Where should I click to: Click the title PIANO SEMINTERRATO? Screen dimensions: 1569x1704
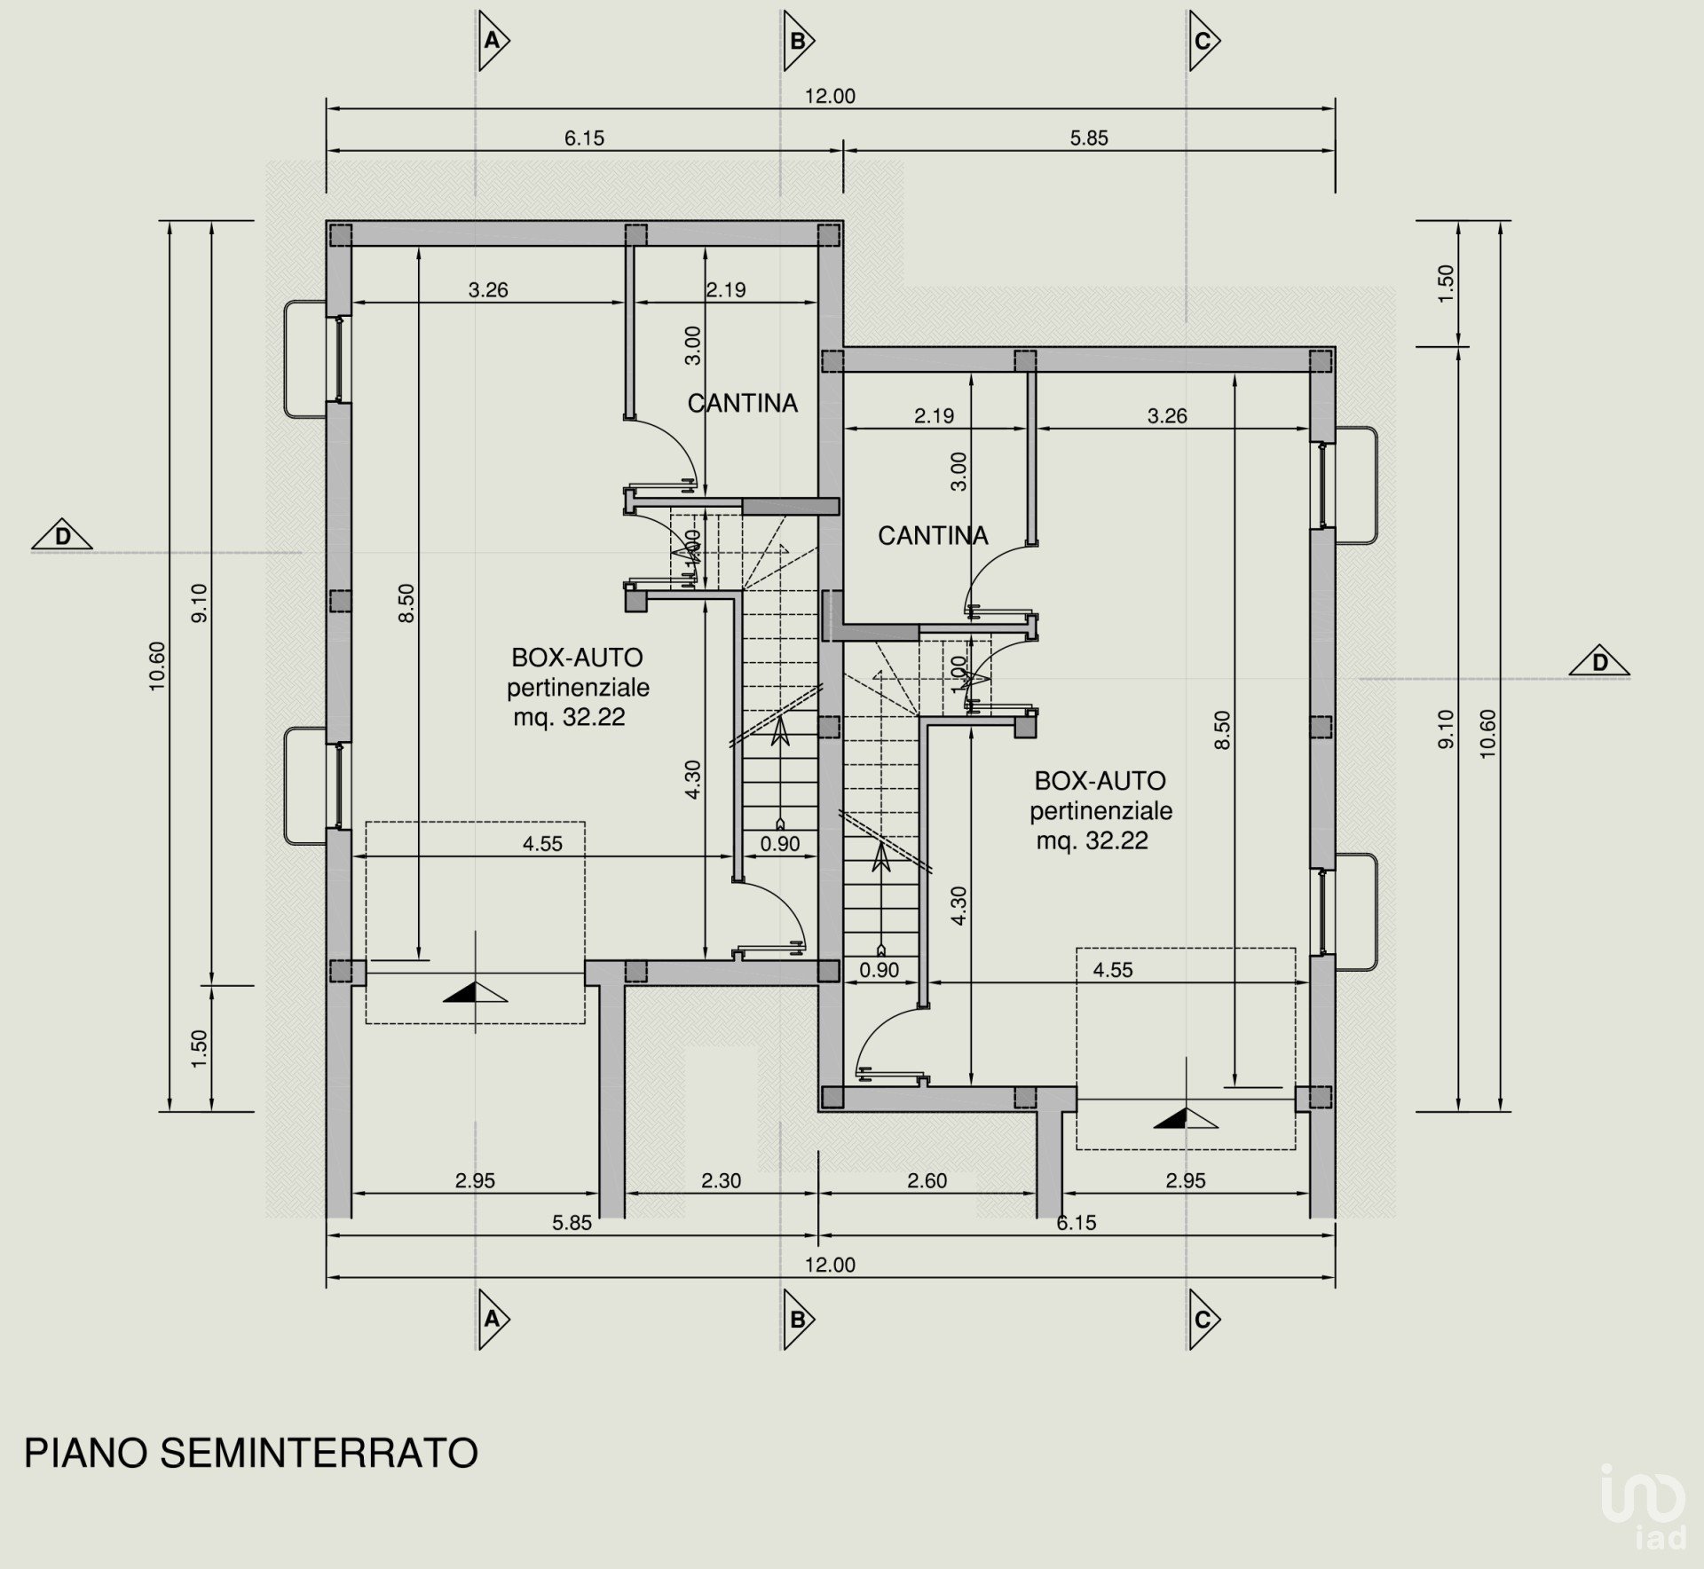click(x=250, y=1454)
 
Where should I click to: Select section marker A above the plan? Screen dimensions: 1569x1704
click(x=493, y=41)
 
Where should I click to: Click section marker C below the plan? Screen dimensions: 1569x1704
click(x=1203, y=1320)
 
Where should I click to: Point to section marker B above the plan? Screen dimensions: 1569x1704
click(x=798, y=41)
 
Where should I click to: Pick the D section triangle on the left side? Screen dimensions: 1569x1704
click(x=62, y=536)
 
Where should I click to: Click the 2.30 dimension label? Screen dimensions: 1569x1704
click(x=721, y=1180)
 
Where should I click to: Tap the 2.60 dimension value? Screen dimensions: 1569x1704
click(x=927, y=1180)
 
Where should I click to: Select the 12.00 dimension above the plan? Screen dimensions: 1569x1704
click(x=830, y=96)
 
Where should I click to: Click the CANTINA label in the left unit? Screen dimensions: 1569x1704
click(x=743, y=403)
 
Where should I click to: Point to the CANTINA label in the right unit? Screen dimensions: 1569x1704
click(x=933, y=535)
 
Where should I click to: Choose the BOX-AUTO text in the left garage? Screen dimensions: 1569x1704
click(x=577, y=658)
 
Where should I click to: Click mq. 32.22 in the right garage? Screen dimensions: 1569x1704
click(x=1093, y=840)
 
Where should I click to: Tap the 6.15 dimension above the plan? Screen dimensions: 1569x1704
click(x=584, y=138)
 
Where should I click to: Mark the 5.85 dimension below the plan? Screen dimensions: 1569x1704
click(x=572, y=1222)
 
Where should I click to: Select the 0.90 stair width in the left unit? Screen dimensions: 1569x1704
click(x=780, y=844)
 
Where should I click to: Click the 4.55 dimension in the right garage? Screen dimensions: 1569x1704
click(x=1113, y=970)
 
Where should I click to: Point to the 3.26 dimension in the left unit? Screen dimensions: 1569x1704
click(x=488, y=289)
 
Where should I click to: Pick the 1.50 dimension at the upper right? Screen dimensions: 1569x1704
click(x=1446, y=283)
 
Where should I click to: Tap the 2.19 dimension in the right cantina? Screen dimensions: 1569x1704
click(x=934, y=415)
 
